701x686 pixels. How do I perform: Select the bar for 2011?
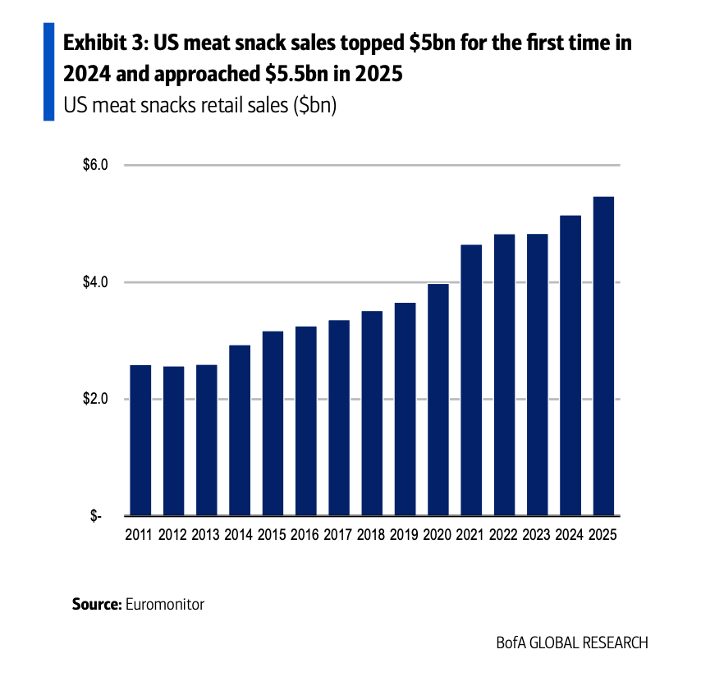tap(140, 441)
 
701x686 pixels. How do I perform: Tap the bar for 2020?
tap(438, 400)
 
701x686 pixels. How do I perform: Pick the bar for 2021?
tap(471, 381)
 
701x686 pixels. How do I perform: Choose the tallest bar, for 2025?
tap(603, 357)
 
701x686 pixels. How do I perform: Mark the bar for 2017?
tap(339, 418)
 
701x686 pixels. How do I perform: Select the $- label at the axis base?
tap(98, 517)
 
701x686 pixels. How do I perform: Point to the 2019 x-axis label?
tap(405, 535)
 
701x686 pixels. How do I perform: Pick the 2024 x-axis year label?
tap(570, 535)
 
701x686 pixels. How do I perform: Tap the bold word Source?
tap(96, 605)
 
